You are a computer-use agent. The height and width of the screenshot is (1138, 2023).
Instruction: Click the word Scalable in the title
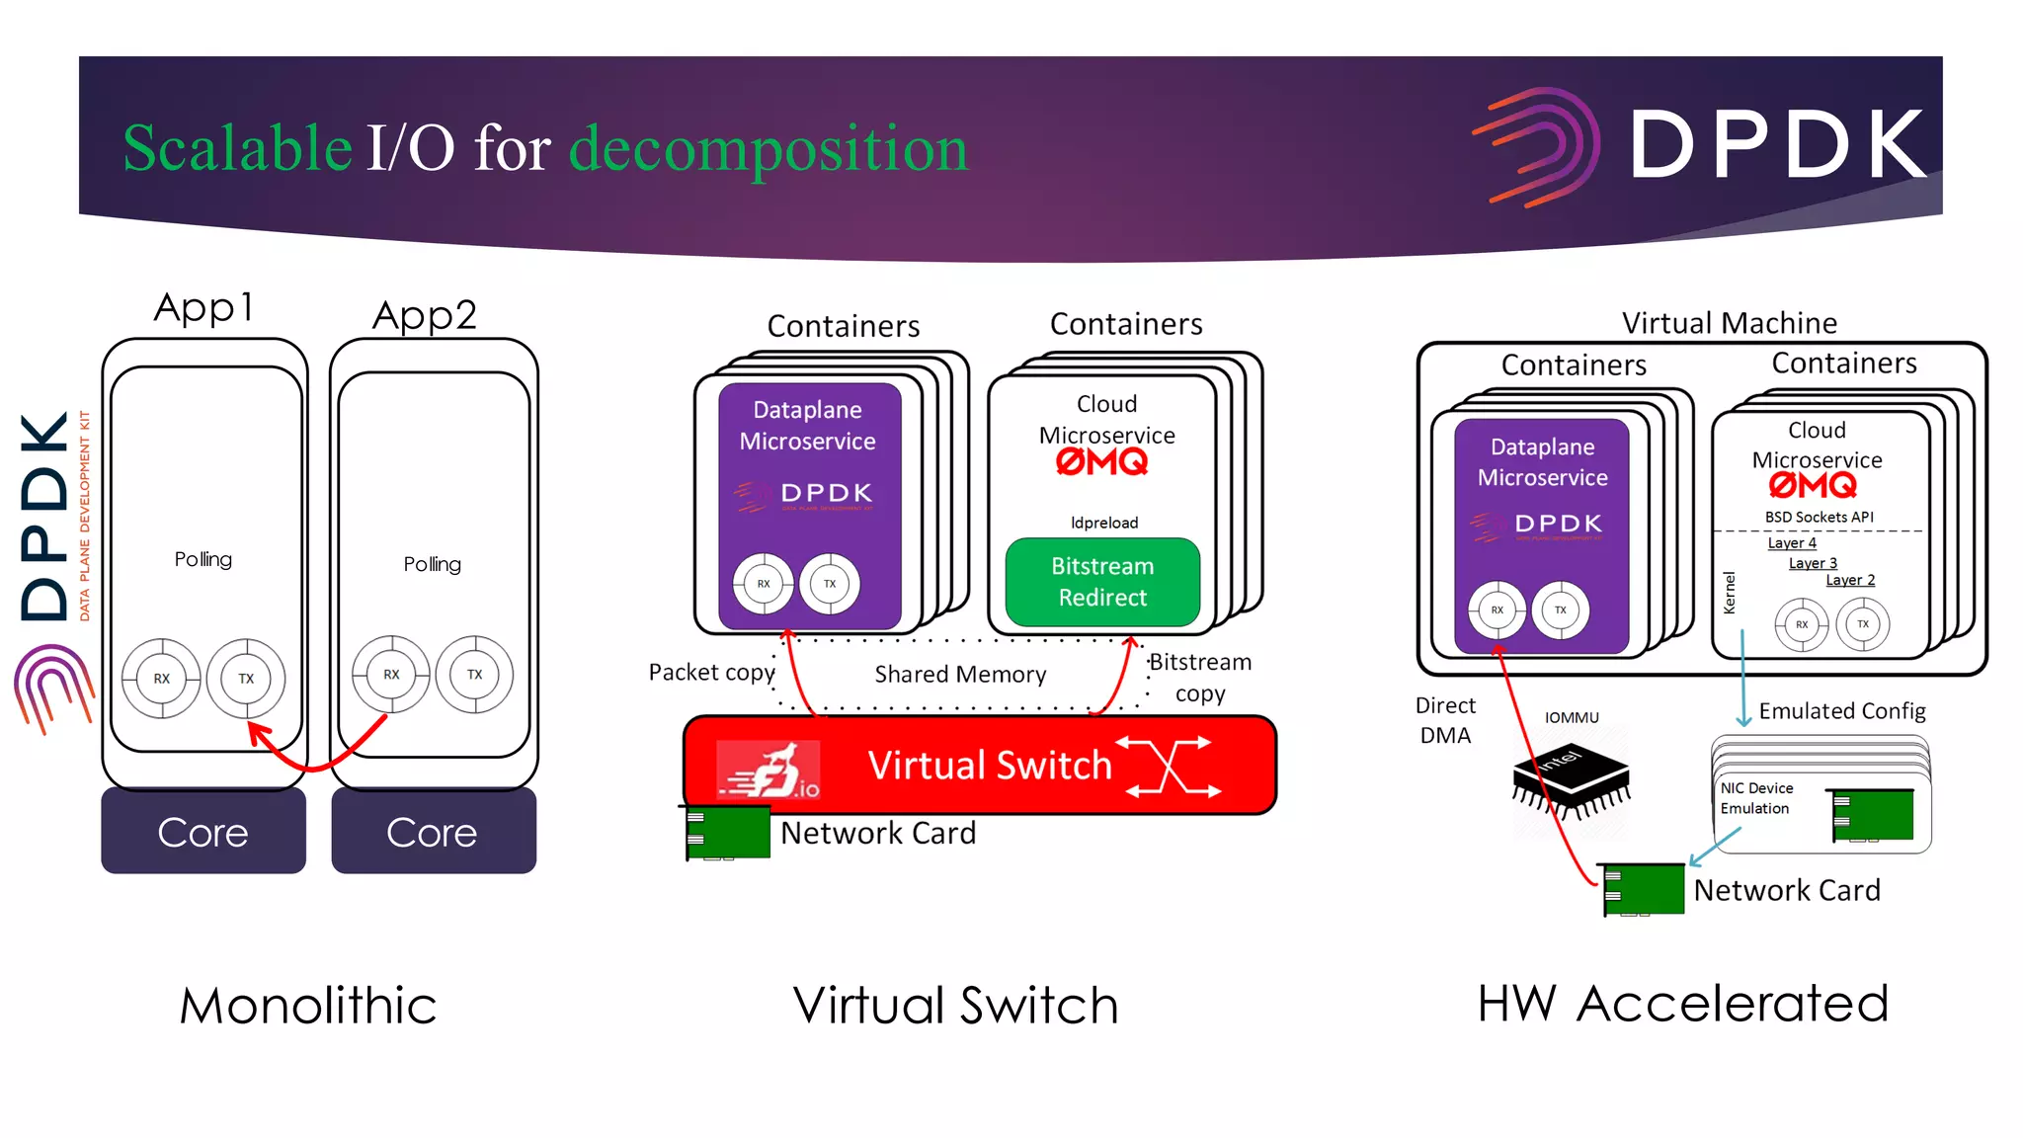(237, 148)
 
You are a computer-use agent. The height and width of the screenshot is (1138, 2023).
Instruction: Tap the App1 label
(204, 307)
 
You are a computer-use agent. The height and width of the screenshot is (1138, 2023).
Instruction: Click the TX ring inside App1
(246, 679)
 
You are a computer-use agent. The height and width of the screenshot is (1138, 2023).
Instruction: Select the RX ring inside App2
(391, 675)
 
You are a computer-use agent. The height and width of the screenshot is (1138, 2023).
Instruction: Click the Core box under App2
(433, 832)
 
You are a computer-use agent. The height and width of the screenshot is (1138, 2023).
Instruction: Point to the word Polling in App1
(203, 559)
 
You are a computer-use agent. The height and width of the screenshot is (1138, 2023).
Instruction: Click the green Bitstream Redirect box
(1102, 582)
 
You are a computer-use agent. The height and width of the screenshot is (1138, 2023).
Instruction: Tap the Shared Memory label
(960, 674)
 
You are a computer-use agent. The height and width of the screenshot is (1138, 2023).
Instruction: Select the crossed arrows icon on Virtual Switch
(1170, 766)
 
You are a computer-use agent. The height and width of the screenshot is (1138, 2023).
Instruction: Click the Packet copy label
(711, 673)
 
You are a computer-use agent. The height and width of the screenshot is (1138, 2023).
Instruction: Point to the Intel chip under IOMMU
(1571, 780)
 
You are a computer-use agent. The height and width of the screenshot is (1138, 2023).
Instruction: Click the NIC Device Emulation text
(1755, 798)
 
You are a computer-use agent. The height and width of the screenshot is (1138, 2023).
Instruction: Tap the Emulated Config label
(1841, 711)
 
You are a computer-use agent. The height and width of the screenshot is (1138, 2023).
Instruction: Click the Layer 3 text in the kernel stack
(1813, 563)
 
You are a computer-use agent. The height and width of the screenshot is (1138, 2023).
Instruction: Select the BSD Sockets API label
(1819, 517)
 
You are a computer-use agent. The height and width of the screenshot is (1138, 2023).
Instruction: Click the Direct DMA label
(1445, 720)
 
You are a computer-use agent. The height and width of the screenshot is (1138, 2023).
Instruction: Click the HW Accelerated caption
(1682, 1004)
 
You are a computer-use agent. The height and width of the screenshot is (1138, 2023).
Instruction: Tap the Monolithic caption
(308, 1006)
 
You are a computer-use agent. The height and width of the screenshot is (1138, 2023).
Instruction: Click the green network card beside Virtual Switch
(728, 832)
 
